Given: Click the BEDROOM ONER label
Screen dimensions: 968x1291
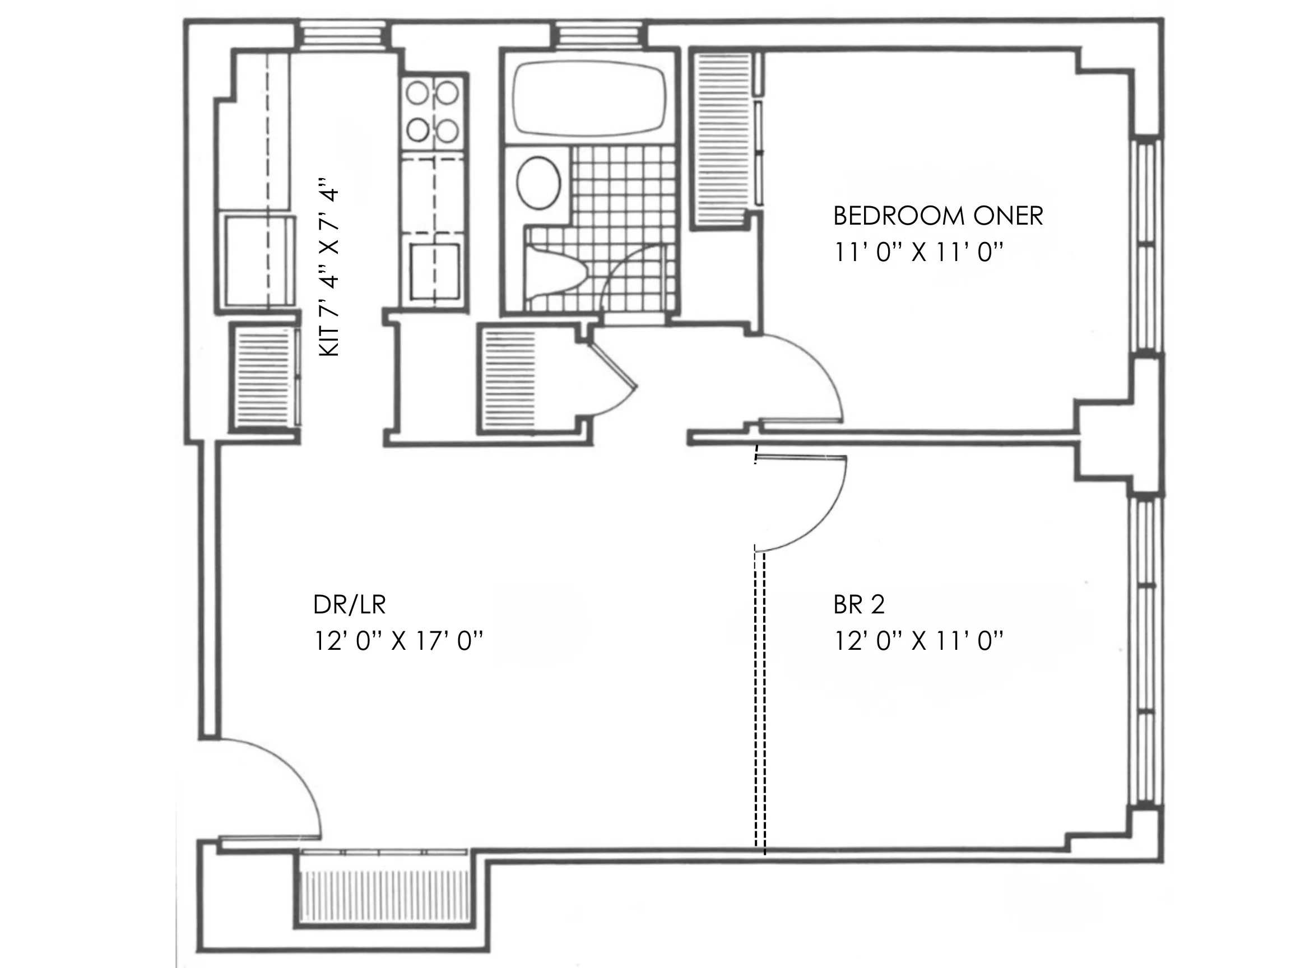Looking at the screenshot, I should (937, 216).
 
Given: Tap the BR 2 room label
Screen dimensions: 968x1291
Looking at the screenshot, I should (858, 604).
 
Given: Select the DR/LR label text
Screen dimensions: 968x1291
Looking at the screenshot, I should (349, 605).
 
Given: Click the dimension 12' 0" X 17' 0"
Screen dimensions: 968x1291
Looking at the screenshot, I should (398, 641).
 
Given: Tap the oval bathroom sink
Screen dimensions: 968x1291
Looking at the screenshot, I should (538, 182).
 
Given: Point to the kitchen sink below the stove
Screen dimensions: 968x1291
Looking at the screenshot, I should (434, 271).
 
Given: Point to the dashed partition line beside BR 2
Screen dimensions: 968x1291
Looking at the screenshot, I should (759, 700).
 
